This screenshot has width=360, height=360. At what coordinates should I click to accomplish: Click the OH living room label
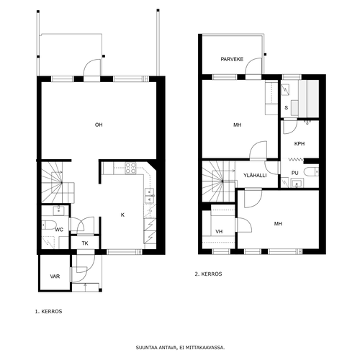tap(99, 125)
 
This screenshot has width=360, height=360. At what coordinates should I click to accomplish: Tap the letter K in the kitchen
tap(122, 215)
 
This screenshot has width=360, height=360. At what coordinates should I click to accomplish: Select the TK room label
tap(85, 243)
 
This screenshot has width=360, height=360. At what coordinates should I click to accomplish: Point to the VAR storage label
tap(55, 276)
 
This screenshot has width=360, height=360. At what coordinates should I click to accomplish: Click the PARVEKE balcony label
tap(232, 59)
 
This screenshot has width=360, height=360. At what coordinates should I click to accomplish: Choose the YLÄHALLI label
tap(255, 175)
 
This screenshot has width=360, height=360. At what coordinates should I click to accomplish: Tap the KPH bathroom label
tap(300, 144)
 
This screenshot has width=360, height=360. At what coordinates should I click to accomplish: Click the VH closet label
tap(219, 232)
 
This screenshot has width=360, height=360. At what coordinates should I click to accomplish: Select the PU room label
tap(295, 173)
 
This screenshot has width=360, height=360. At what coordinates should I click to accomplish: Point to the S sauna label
tap(286, 108)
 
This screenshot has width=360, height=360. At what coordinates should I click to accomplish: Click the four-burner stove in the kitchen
tap(130, 168)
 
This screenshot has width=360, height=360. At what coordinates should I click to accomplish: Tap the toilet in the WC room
tap(49, 225)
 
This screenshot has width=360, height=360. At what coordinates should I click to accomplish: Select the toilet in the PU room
tap(311, 172)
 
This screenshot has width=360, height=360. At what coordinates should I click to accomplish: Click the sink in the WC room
tap(59, 210)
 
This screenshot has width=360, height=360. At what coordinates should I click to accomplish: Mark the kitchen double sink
tap(150, 196)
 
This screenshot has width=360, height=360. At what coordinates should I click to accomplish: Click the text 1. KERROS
tap(49, 312)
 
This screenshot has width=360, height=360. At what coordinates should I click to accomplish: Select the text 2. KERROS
tap(208, 274)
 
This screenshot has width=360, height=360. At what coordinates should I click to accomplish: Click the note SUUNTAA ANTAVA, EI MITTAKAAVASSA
tap(180, 348)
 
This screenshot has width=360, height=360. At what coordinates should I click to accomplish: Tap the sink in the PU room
tap(297, 183)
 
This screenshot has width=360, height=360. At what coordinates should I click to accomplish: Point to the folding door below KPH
tap(296, 159)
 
